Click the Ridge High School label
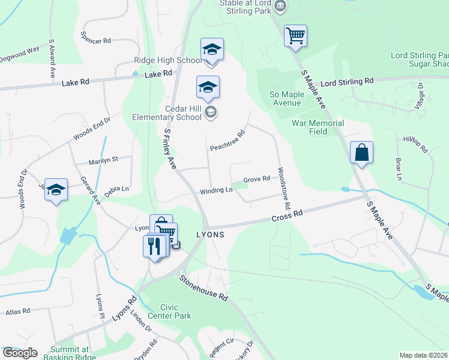(167, 61)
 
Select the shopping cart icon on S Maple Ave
(295, 36)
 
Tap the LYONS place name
(210, 235)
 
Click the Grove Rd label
(256, 179)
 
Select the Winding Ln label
(216, 190)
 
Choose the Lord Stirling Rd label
(347, 81)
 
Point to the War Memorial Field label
(318, 127)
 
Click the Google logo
(20, 353)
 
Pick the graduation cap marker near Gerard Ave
(56, 190)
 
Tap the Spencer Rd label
(99, 41)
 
